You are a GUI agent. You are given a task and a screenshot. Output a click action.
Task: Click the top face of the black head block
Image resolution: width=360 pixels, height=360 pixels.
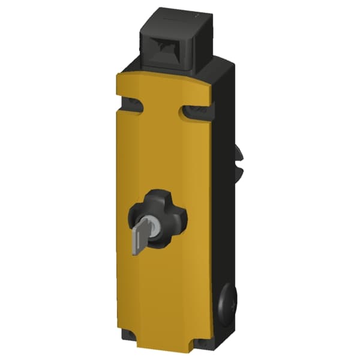tap(170, 15)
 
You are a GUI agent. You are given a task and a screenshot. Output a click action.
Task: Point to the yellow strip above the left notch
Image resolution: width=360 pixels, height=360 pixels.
tap(128, 90)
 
